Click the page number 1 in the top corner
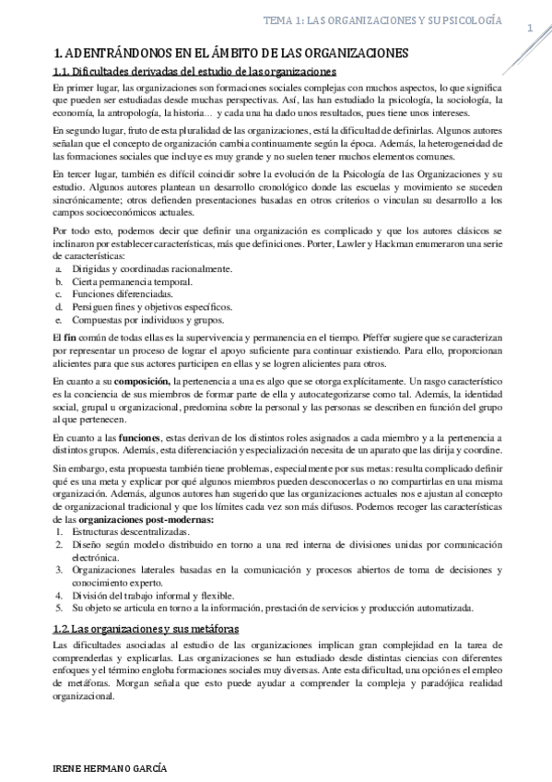pyautogui.click(x=530, y=29)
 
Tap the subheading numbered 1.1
pyautogui.click(x=194, y=72)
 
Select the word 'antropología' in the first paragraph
pyautogui.click(x=130, y=113)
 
